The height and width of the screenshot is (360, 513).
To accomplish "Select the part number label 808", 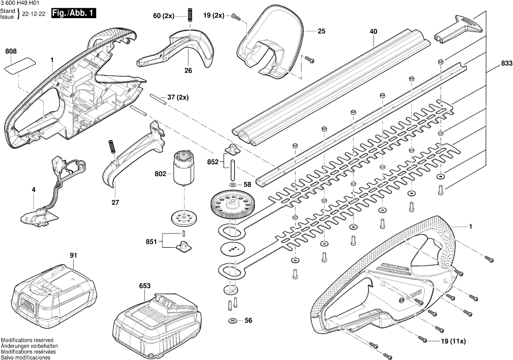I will (11, 51).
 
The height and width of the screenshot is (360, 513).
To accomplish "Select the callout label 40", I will (374, 31).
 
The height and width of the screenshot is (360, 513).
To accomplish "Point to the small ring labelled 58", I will (232, 184).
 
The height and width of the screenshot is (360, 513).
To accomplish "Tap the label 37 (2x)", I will (178, 97).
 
